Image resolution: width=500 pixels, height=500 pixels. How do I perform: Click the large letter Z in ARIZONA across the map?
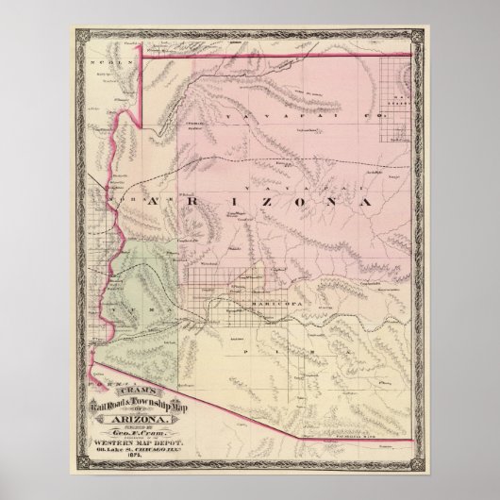point(252,201)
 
